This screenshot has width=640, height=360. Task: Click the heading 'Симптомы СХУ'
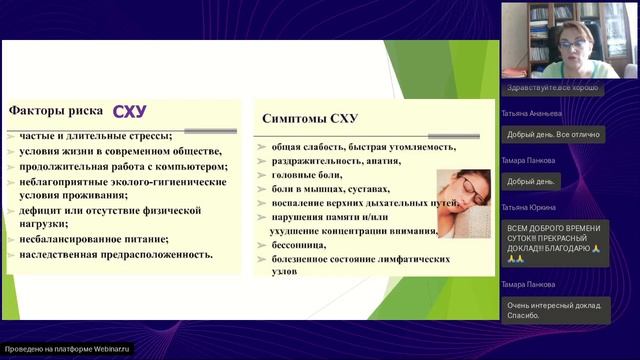(309, 118)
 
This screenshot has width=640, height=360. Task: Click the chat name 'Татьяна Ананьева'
(534, 113)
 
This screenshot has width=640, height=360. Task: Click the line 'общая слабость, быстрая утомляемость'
(356, 145)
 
